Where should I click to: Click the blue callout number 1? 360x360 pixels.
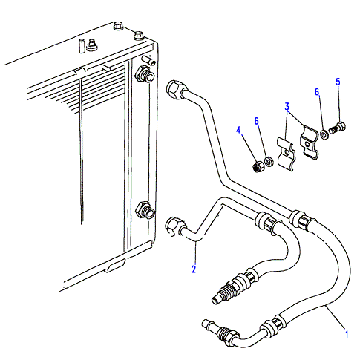(347, 334)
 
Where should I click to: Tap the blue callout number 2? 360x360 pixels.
(194, 269)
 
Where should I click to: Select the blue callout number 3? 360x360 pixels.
(287, 107)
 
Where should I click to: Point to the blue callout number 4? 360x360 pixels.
(238, 130)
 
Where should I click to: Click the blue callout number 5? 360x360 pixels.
(338, 82)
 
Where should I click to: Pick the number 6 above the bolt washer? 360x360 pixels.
(317, 92)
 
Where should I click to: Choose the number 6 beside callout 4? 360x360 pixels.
(256, 121)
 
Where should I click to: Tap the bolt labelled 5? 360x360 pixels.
(337, 128)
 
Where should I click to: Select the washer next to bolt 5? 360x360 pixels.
(324, 134)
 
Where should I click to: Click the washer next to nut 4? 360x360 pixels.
(269, 161)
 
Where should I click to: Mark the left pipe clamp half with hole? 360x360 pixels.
(286, 154)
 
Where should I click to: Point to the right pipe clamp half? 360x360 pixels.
(310, 142)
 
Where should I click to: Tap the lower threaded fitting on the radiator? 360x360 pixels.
(145, 210)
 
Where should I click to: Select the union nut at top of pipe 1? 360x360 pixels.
(174, 90)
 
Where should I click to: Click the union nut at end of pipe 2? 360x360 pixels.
(174, 226)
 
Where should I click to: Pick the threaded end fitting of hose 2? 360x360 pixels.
(232, 287)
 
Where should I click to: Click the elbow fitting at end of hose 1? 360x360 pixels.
(220, 332)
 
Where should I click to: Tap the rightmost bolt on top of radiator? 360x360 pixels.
(138, 35)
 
